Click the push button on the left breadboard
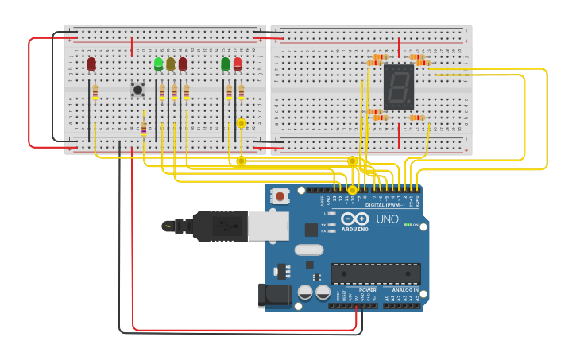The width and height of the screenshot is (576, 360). tap(137, 90)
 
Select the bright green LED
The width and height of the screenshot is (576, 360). tap(159, 63)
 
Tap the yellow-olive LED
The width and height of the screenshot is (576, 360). tap(171, 64)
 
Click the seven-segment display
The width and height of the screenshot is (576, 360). tap(398, 87)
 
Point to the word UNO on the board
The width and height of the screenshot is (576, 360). tap(387, 219)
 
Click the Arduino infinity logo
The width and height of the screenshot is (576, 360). tap(354, 219)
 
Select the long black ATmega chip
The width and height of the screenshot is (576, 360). tap(376, 274)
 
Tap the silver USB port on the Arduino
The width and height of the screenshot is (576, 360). tap(268, 226)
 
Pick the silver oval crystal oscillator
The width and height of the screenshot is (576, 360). tap(308, 250)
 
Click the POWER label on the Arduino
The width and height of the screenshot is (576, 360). tap(367, 290)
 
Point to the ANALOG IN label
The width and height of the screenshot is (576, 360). tap(404, 290)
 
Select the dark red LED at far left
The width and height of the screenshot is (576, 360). tap(91, 64)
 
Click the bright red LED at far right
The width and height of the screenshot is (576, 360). tap(238, 64)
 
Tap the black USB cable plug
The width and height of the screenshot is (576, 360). tap(215, 226)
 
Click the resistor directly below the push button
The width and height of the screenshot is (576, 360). tap(144, 128)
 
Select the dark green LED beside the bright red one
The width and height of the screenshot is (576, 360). tap(226, 64)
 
